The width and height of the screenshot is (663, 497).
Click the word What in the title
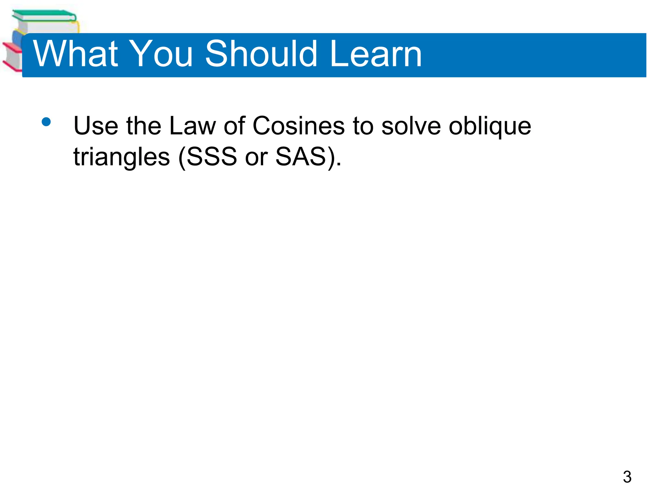click(76, 54)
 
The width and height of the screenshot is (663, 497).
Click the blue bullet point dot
click(46, 122)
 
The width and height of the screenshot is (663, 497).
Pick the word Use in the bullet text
click(96, 126)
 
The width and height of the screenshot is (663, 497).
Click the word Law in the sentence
click(192, 126)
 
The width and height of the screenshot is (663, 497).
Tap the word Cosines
click(298, 126)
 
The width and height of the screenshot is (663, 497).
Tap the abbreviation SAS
click(301, 157)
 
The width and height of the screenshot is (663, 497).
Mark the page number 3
click(627, 477)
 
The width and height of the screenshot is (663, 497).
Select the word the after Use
click(144, 126)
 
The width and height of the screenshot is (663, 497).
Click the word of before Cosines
click(234, 126)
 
